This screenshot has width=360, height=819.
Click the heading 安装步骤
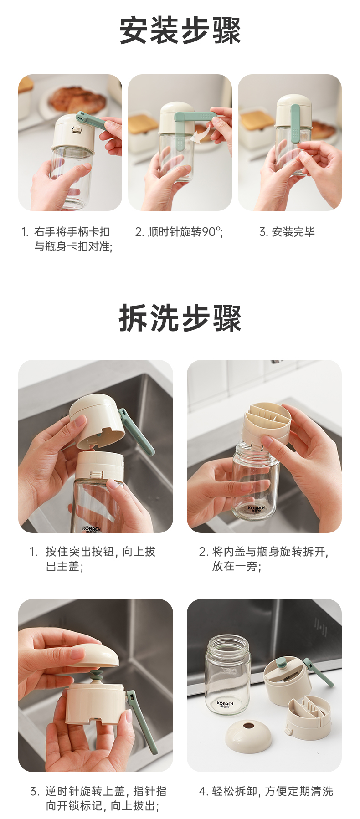click(180, 31)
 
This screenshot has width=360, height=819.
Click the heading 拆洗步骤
click(180, 318)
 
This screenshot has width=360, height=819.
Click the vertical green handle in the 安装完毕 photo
click(295, 123)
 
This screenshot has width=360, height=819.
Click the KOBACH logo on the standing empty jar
click(225, 704)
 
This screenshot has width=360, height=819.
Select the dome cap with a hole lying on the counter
click(249, 734)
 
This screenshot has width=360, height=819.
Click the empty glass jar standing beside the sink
click(227, 675)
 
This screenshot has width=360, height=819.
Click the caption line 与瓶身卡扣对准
click(72, 246)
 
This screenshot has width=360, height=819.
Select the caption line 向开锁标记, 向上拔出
click(102, 806)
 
